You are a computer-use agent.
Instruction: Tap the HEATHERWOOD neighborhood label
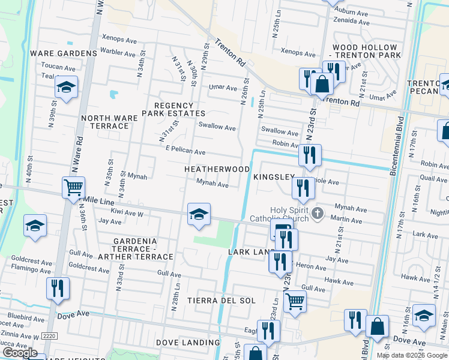click(217, 170)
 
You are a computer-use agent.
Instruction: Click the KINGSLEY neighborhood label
click(274, 178)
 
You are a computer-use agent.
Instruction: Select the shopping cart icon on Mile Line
click(73, 188)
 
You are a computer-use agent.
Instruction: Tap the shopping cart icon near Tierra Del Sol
click(294, 301)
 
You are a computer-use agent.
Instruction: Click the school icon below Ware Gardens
click(67, 88)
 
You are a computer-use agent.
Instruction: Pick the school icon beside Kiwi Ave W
click(199, 214)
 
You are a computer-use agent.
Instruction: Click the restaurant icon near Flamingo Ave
click(58, 289)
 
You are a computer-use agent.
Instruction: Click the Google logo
click(20, 353)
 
